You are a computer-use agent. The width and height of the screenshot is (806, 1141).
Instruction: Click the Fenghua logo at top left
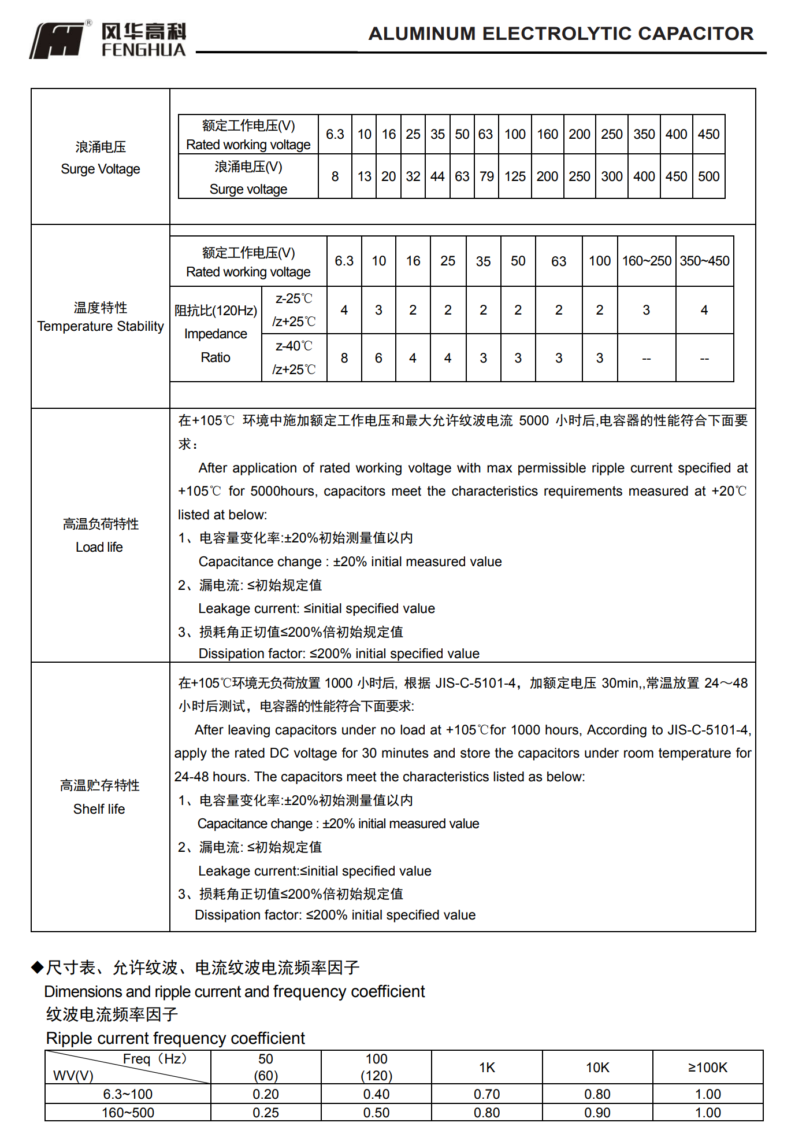click(58, 40)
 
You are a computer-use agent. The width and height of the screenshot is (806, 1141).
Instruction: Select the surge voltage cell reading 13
click(364, 176)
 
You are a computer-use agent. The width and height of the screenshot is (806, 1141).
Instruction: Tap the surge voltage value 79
click(486, 176)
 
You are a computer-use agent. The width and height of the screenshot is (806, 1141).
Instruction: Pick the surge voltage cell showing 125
click(515, 176)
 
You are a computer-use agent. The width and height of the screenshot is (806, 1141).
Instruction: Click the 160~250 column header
click(647, 261)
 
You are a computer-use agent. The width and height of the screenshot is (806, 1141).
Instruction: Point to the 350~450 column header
click(704, 261)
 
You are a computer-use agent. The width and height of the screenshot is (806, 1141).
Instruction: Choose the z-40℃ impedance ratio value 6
click(378, 358)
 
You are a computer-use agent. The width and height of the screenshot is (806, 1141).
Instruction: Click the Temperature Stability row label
click(101, 326)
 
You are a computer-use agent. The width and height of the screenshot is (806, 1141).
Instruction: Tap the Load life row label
click(99, 547)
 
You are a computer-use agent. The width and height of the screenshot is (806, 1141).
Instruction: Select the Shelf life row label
click(99, 809)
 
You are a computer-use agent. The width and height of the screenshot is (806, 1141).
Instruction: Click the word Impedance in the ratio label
click(216, 334)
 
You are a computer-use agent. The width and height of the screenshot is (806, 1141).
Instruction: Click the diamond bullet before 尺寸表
click(38, 967)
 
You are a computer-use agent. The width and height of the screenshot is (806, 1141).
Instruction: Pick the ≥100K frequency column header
click(708, 1068)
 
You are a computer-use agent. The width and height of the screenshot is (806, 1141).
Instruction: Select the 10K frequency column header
click(597, 1068)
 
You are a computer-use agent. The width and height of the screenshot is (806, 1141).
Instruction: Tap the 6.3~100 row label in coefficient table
click(128, 1094)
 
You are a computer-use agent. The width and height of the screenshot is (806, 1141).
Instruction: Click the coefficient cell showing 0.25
click(266, 1113)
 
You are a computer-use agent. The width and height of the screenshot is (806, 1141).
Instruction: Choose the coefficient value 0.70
click(487, 1094)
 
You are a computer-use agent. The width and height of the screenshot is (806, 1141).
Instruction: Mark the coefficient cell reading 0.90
click(597, 1113)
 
